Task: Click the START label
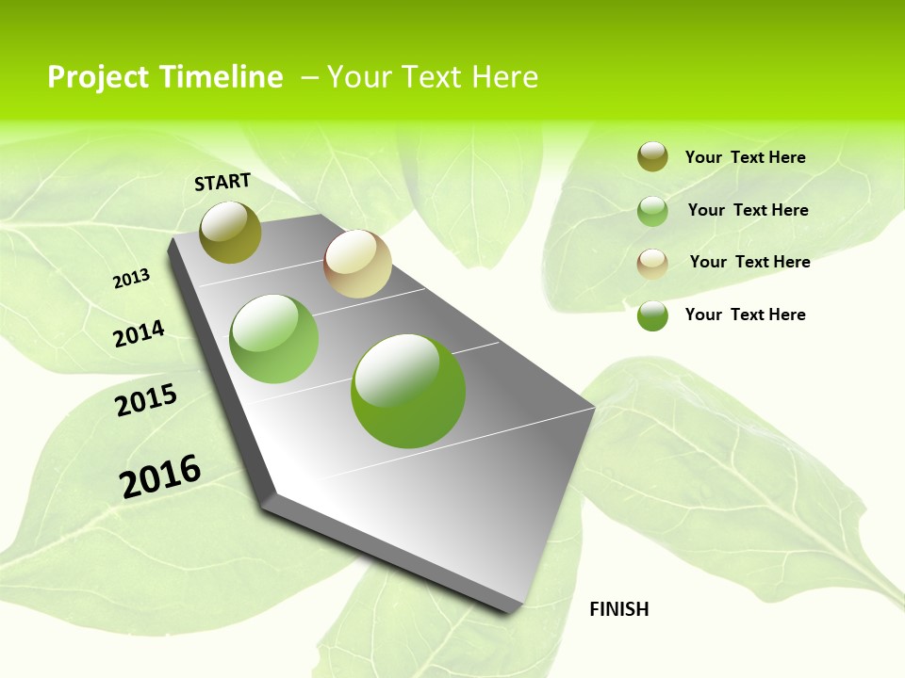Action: (222, 182)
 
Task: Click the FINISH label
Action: (618, 609)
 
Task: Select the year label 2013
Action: (132, 279)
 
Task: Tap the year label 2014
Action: (140, 333)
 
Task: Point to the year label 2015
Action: (146, 400)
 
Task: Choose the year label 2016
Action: (160, 476)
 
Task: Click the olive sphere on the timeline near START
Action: (230, 232)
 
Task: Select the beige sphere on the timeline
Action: (357, 264)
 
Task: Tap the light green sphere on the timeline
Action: (274, 339)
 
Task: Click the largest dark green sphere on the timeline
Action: (408, 391)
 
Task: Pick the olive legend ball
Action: (652, 156)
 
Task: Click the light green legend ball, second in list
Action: (652, 211)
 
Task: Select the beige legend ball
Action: (652, 263)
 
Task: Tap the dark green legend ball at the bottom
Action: (652, 315)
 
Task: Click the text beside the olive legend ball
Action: (745, 157)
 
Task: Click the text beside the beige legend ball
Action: (749, 262)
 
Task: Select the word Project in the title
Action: (98, 77)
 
